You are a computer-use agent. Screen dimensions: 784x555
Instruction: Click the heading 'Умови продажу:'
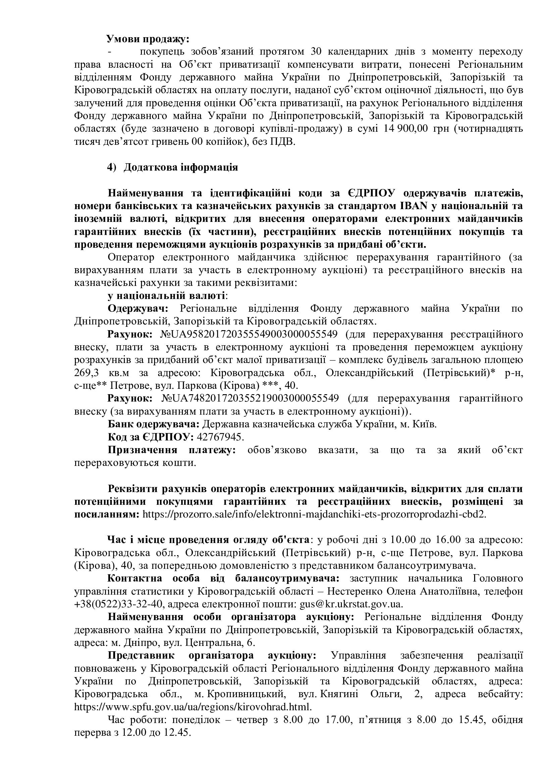(148, 39)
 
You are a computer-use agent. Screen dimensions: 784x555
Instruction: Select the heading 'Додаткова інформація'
(181, 168)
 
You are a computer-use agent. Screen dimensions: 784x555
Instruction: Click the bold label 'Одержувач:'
(138, 309)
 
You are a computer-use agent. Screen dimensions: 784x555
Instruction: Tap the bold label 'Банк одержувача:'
(153, 424)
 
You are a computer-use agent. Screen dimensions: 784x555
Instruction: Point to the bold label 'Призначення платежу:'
(172, 450)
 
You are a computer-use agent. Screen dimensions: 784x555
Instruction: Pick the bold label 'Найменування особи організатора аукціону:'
(231, 617)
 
